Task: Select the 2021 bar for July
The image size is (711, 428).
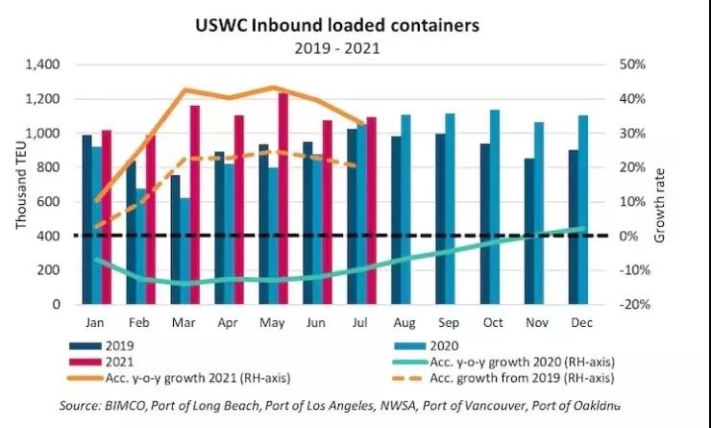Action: pyautogui.click(x=371, y=211)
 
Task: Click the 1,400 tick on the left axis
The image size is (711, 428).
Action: pyautogui.click(x=41, y=64)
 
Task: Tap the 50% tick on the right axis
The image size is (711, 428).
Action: pyautogui.click(x=630, y=64)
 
